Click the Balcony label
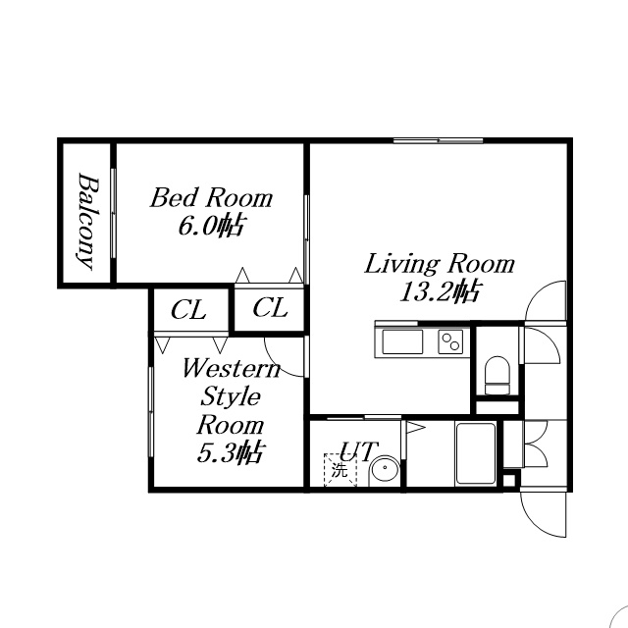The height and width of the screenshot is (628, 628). pos(87,222)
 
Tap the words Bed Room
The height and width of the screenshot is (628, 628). pos(211,197)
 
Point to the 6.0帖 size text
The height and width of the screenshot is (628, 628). pos(211,227)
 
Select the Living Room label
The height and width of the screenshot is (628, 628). pos(440,264)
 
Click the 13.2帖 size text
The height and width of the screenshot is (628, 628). pos(441,292)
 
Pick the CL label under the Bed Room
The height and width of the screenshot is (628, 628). pos(270,308)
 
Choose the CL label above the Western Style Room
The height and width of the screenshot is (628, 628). pos(188,310)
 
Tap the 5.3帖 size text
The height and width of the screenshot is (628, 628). pos(230,453)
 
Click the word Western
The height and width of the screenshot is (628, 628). pos(232,368)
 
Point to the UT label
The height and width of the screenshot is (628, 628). pos(358,451)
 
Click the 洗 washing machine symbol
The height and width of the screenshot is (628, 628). pos(340,470)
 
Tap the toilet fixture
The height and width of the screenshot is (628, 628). pos(497,376)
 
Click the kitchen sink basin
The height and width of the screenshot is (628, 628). pos(402,341)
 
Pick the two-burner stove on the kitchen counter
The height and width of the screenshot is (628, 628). pos(450,341)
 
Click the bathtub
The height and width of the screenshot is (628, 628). pos(475,453)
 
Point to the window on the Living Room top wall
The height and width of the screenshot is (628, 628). pos(438,140)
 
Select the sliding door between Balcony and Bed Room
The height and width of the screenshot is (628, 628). pos(113,213)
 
